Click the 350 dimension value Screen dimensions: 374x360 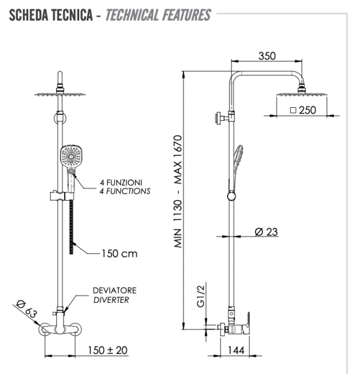click(x=267, y=55)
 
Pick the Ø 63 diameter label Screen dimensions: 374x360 click(x=24, y=310)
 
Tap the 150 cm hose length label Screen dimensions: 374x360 click(x=119, y=254)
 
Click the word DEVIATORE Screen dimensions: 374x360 click(x=114, y=290)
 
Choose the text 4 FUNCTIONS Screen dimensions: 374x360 click(x=125, y=191)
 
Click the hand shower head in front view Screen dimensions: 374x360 click(x=71, y=154)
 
